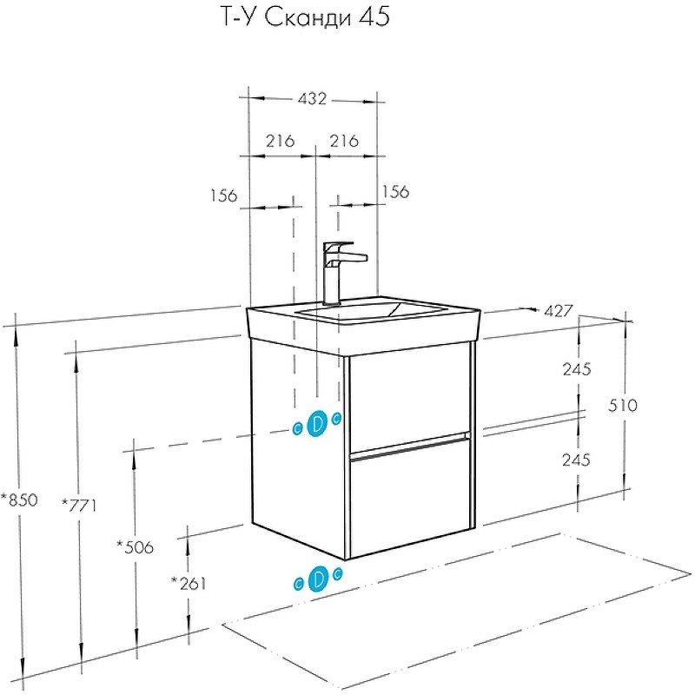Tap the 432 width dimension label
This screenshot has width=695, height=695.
[313, 99]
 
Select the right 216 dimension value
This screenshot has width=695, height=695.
[345, 140]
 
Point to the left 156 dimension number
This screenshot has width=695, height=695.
[223, 195]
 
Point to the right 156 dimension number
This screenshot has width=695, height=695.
[394, 192]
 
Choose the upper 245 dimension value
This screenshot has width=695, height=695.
[576, 369]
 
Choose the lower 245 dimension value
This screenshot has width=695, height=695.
[576, 460]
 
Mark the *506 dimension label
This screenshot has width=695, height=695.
[135, 546]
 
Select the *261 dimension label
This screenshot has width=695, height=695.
[189, 583]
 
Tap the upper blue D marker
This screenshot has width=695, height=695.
[317, 423]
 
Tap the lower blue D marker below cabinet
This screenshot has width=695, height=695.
[318, 578]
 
